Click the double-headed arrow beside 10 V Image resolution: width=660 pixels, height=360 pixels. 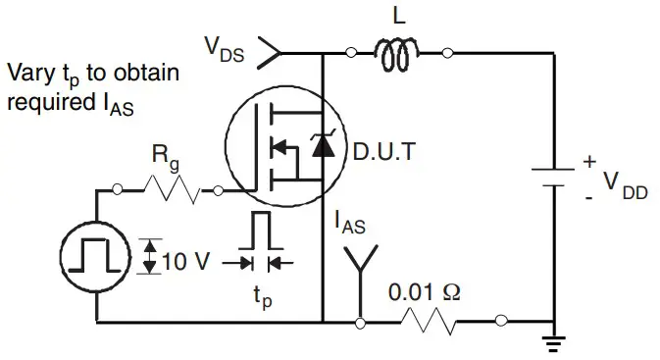148,257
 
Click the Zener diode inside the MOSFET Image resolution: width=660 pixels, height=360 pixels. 321,147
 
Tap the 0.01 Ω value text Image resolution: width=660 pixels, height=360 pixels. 421,291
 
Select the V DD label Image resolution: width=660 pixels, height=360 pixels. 622,184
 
